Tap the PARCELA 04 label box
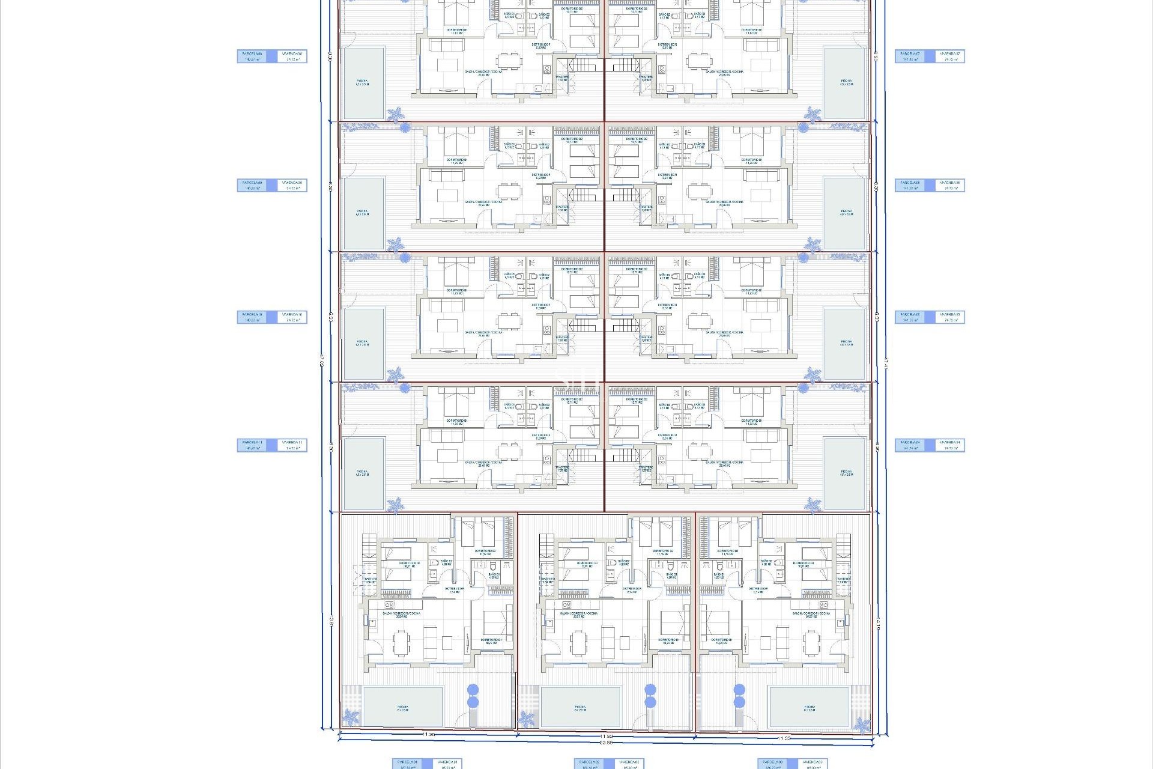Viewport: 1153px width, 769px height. [910, 445]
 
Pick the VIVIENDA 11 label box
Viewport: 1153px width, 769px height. [292, 445]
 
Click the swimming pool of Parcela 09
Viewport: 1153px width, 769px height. [363, 213]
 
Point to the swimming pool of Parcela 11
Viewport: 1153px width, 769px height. [363, 474]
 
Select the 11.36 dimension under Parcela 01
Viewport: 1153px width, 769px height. [428, 735]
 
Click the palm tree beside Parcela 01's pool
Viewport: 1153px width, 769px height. [351, 717]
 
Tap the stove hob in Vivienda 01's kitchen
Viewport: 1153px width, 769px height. [389, 605]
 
